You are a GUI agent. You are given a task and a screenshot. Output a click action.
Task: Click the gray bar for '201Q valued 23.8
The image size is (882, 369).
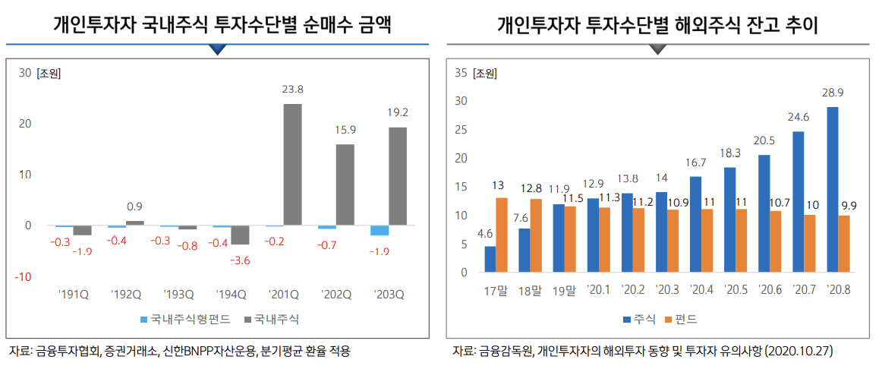pyautogui.click(x=292, y=165)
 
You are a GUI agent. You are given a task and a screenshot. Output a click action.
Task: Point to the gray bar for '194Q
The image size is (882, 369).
pyautogui.click(x=241, y=235)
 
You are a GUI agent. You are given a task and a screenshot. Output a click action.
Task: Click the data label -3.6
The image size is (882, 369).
pyautogui.click(x=240, y=259)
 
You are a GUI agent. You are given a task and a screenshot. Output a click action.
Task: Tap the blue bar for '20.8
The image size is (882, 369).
pyautogui.click(x=833, y=190)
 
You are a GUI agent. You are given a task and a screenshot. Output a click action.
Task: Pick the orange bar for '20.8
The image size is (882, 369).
pyautogui.click(x=844, y=244)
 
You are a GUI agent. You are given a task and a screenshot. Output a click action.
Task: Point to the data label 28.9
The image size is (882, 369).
pyautogui.click(x=833, y=93)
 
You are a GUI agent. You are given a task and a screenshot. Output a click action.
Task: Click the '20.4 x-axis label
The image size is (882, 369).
pyautogui.click(x=701, y=289)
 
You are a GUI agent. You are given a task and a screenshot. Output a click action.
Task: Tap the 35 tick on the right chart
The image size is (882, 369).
pyautogui.click(x=460, y=74)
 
